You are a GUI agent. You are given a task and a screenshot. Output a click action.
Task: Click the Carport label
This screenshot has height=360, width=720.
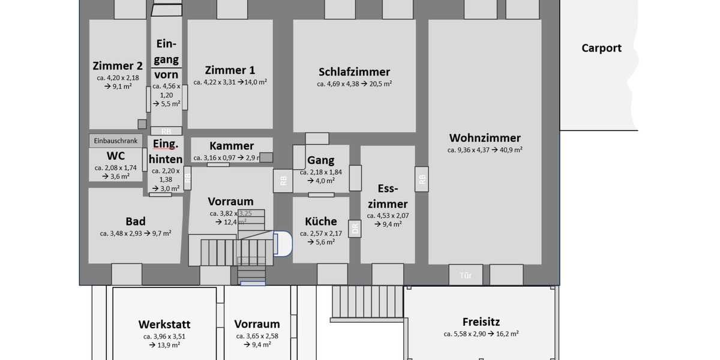coord(601,49)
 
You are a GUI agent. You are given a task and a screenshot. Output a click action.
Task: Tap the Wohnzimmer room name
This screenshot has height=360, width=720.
coord(485,138)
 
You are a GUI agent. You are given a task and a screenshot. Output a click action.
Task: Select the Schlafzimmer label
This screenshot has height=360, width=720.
coord(354,72)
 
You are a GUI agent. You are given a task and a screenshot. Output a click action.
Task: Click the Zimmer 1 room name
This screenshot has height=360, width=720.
coord(230,70)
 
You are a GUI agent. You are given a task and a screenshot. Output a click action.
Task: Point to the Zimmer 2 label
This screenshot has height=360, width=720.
coord(118,66)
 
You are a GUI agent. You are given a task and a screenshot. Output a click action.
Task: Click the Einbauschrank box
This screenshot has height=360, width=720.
coord(116,141)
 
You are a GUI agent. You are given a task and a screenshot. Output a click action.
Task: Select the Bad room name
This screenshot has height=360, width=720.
coord(136,221)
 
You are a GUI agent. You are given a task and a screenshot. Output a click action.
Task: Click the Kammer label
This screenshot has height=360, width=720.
coord(232,146)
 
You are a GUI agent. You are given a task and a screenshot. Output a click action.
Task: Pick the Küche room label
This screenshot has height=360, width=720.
coord(320,221)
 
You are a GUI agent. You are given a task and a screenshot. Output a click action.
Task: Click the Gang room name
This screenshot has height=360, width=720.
coord(320,160)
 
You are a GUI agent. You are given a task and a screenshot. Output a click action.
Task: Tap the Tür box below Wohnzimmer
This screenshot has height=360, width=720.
coord(466,275)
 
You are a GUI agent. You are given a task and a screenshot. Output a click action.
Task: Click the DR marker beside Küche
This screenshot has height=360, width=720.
coord(355,229)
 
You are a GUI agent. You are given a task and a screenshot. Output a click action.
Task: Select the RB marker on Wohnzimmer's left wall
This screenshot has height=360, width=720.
coord(422,179)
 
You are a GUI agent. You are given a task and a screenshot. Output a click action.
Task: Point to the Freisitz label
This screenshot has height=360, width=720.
coord(481,322)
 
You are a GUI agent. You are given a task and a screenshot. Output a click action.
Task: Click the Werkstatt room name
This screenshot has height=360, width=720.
coord(164,325)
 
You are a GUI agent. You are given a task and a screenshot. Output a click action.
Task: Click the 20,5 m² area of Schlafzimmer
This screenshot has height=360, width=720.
coord(380,84)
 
